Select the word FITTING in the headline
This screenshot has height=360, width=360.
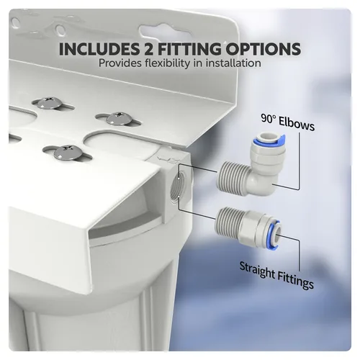pyautogui.click(x=189, y=49)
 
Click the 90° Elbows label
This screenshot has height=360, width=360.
pyautogui.click(x=288, y=122)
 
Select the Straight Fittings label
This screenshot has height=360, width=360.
pyautogui.click(x=276, y=275)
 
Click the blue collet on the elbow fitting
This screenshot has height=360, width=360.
pyautogui.click(x=272, y=139)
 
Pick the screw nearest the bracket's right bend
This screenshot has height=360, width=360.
pyautogui.click(x=118, y=119)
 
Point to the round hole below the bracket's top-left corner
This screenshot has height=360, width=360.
pyautogui.click(x=60, y=30)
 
